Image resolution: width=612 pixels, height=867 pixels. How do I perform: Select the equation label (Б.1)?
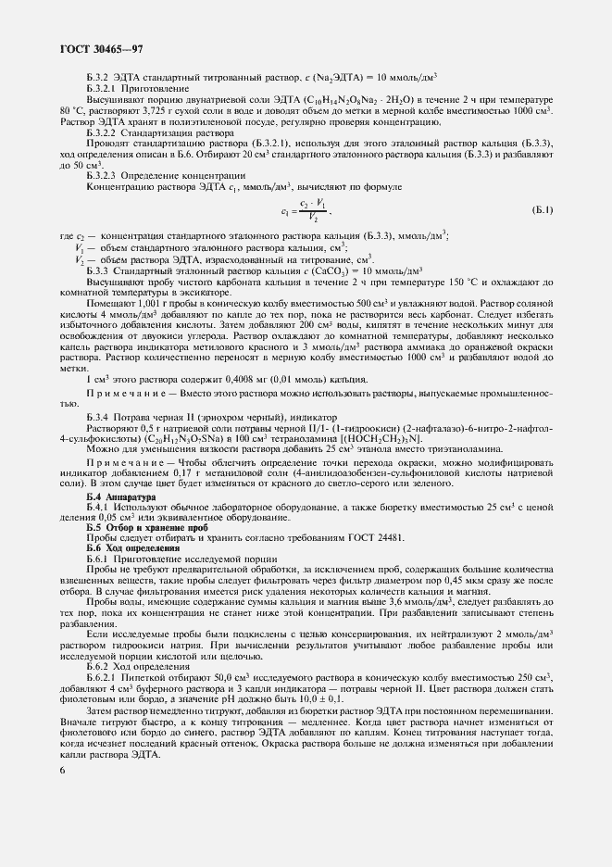click(x=541, y=211)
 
